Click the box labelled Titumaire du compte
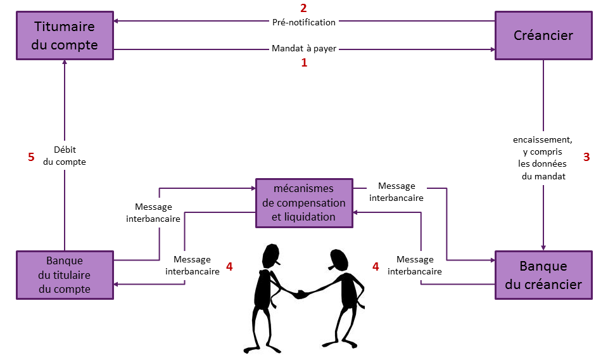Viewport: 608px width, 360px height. [65, 36]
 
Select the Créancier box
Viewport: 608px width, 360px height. [543, 35]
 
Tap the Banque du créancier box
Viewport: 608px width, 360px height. [543, 274]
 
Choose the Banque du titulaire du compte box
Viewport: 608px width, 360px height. [65, 275]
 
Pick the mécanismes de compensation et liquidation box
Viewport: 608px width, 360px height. [304, 203]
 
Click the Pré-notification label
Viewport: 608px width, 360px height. [303, 22]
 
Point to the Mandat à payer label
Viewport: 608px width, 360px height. [303, 48]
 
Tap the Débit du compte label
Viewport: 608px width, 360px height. [65, 156]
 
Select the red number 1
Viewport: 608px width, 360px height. [304, 63]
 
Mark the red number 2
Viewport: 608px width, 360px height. [303, 8]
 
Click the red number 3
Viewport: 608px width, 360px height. [586, 157]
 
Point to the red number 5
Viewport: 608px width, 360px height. [31, 157]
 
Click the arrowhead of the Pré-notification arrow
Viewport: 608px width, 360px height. [117, 22]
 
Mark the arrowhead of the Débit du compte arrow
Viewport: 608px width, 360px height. [65, 64]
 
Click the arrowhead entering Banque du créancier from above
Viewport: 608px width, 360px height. [543, 247]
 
